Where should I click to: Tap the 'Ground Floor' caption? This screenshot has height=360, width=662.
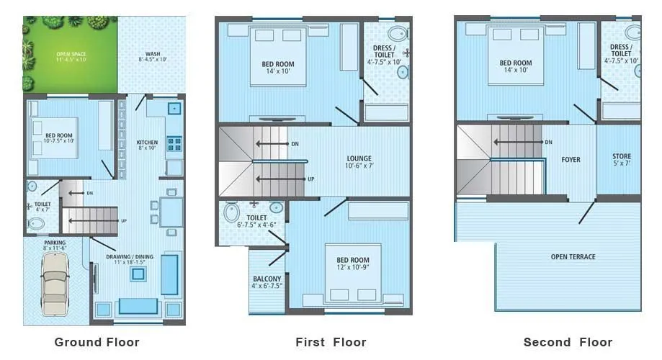pos(97,342)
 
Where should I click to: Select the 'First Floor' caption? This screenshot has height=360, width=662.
pos(331,342)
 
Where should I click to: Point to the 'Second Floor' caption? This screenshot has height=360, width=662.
pos(568,342)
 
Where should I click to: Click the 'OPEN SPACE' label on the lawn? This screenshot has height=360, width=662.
pos(71,54)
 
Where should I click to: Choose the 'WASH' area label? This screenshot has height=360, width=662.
pos(153,54)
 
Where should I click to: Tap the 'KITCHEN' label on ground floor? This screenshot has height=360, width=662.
pos(147,143)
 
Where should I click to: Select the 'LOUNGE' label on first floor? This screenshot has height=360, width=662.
pos(358,158)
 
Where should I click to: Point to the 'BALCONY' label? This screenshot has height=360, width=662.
pos(267,279)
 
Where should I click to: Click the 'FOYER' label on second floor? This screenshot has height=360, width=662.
pos(571,159)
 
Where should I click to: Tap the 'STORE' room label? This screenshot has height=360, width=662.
pos(622,156)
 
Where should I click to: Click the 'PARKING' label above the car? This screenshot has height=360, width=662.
pos(55,243)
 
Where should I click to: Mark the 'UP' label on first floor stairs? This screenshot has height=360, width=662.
pos(310,179)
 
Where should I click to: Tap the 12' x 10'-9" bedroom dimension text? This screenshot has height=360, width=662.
pos(353,268)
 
